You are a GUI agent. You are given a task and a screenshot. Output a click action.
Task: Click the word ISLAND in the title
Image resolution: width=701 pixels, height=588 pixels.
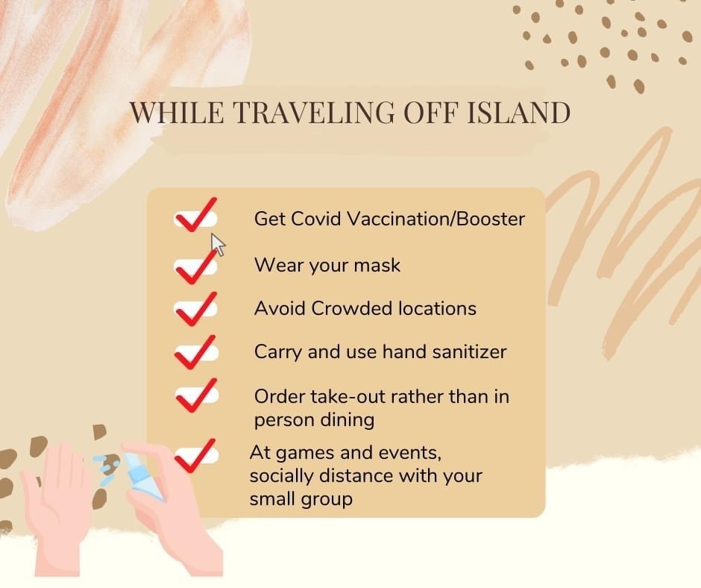pos(519,113)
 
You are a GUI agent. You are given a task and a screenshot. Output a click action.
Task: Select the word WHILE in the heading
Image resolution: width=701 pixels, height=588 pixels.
pos(177,113)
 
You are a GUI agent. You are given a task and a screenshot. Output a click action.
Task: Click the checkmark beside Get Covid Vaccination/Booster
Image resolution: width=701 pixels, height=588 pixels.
pos(196,215)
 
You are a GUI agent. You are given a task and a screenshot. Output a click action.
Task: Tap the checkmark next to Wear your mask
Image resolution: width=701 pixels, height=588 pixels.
pos(196,266)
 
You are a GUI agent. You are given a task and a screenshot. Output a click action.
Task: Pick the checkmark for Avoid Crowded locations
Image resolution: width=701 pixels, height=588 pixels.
pos(196,309)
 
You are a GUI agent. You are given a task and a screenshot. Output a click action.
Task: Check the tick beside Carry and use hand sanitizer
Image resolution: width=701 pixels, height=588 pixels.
pos(196,352)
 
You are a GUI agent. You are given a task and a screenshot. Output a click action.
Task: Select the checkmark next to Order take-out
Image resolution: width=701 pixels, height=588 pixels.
pos(196,395)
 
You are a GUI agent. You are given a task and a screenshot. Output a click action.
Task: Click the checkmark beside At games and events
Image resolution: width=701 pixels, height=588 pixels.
pos(196,455)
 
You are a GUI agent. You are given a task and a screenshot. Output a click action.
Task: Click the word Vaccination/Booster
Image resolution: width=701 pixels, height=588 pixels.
pos(436,219)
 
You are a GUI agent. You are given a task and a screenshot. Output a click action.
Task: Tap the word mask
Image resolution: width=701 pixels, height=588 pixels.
pos(377,266)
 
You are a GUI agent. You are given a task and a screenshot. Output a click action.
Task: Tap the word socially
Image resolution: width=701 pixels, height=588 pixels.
pos(281,476)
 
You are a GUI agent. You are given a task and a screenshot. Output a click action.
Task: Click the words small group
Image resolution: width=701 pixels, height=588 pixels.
pos(301,499)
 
